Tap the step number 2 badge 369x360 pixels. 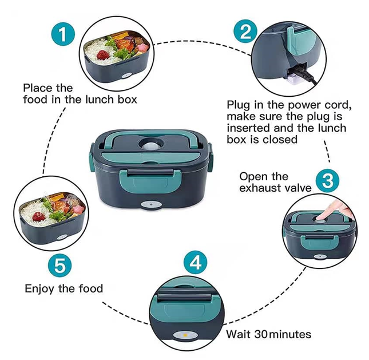[244, 31]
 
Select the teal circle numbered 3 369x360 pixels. [327, 181]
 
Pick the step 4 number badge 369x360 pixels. [196, 263]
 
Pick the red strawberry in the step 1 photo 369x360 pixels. [104, 55]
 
